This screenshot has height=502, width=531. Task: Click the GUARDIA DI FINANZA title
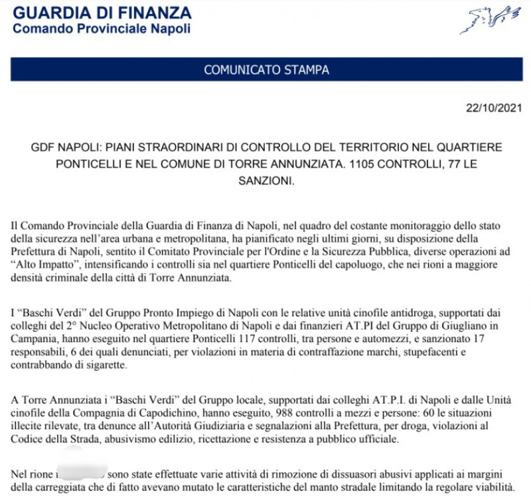tap(102, 13)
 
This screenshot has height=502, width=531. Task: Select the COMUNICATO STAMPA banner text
tap(266, 70)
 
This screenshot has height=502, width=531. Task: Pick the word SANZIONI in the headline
tap(265, 180)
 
